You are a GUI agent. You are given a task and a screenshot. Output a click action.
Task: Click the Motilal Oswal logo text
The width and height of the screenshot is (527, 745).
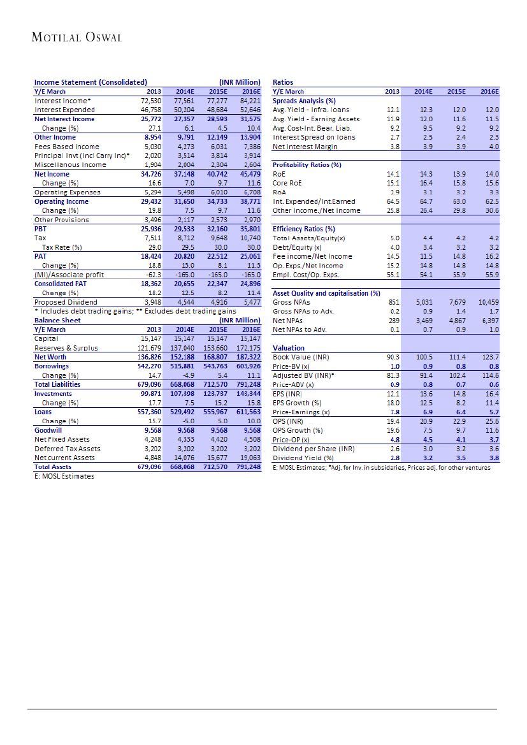click(x=76, y=37)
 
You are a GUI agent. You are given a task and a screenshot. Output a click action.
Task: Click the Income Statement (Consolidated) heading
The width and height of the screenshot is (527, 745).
click(x=90, y=82)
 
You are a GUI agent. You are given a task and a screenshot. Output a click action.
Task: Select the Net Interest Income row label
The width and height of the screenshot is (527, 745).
click(x=64, y=119)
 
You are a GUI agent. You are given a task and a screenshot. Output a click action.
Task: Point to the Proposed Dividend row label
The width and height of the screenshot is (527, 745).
click(x=66, y=302)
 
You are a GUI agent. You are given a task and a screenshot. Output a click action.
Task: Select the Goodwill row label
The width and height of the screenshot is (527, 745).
click(x=48, y=430)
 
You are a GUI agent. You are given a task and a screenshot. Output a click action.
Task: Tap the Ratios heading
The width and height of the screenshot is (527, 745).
click(x=283, y=82)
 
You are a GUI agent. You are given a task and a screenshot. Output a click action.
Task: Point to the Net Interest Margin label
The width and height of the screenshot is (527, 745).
click(x=305, y=147)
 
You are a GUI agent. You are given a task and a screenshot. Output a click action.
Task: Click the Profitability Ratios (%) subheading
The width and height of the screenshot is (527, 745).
click(x=307, y=165)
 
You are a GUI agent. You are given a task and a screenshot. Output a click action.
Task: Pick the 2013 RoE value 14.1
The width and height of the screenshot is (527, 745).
click(x=393, y=174)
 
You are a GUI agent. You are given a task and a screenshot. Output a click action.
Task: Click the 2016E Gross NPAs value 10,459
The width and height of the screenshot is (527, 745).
click(x=488, y=302)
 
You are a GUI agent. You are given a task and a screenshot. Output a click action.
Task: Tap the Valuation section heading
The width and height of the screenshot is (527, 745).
click(x=289, y=348)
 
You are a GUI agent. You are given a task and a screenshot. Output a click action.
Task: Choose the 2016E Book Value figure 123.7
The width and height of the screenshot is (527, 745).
click(x=491, y=358)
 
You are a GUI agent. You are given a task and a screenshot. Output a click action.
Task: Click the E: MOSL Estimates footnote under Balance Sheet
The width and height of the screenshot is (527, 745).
click(x=64, y=476)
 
